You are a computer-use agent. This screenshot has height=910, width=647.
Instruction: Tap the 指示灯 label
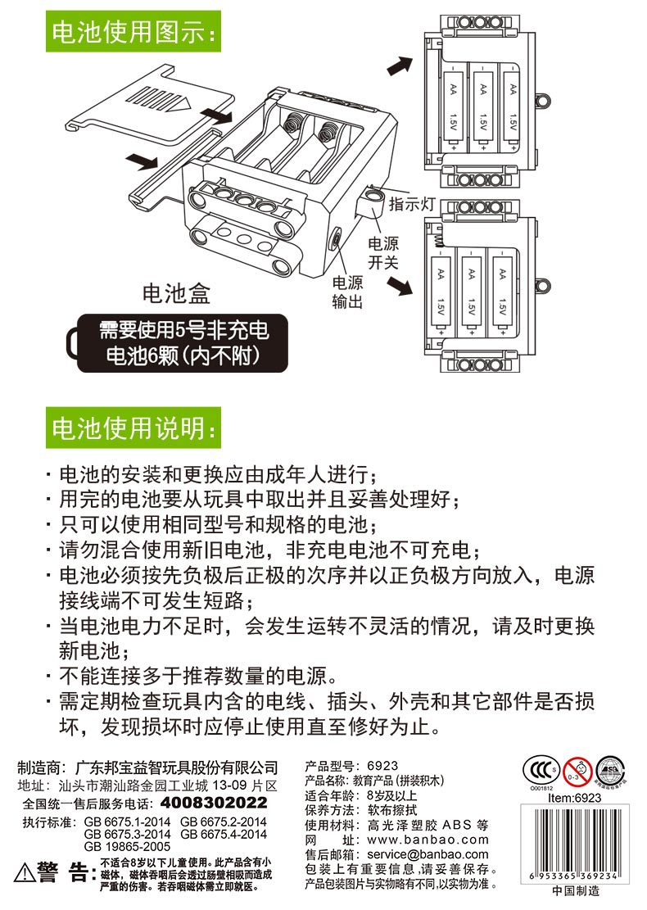click(x=411, y=204)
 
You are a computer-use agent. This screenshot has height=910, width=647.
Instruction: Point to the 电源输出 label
click(x=347, y=292)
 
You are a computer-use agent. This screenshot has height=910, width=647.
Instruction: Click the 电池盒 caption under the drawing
click(x=176, y=292)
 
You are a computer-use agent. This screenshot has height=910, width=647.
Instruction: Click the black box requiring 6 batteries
click(x=182, y=343)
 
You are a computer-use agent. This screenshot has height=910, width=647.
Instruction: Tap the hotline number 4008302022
click(x=214, y=802)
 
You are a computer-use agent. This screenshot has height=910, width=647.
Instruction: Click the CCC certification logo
click(x=540, y=769)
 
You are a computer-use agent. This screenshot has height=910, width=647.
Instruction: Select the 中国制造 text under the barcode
click(x=575, y=891)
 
